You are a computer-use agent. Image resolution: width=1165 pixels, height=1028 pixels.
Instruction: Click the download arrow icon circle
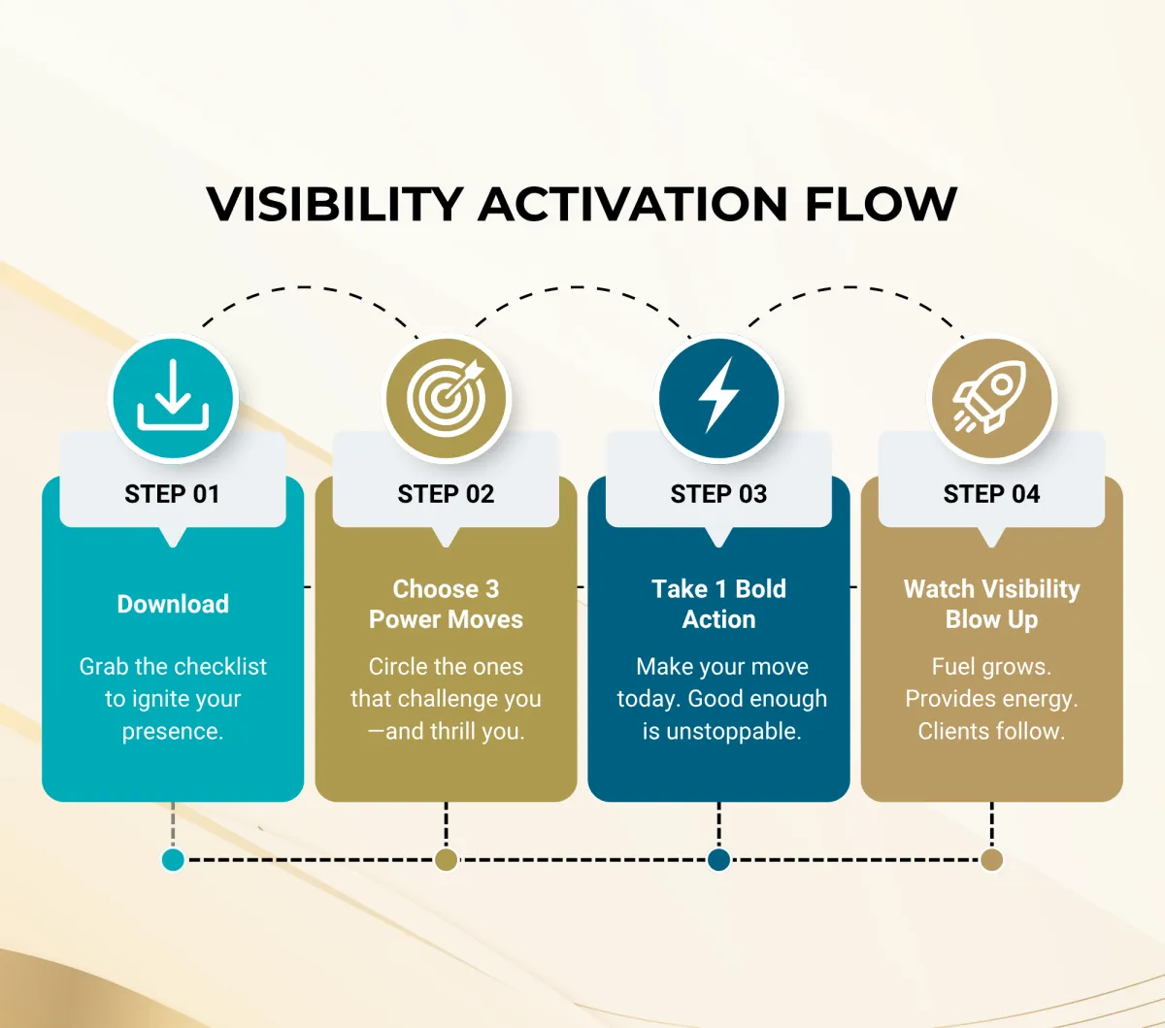(x=174, y=398)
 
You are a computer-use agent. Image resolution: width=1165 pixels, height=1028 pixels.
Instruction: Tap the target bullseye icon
(x=447, y=398)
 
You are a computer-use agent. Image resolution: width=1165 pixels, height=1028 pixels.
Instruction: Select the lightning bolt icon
(x=718, y=398)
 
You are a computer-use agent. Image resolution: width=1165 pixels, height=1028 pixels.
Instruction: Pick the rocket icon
(x=991, y=398)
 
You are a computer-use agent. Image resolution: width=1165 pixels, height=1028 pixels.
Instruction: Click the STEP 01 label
(x=173, y=494)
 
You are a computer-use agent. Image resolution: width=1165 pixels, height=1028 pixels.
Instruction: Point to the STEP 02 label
(x=446, y=494)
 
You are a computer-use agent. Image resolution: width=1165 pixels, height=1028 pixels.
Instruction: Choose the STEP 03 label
(x=718, y=494)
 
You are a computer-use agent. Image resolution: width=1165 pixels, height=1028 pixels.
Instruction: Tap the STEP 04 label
(x=991, y=494)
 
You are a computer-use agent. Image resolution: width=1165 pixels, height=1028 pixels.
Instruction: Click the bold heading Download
(x=173, y=604)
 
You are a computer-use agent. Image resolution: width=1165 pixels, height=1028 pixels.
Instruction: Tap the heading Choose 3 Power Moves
(x=446, y=604)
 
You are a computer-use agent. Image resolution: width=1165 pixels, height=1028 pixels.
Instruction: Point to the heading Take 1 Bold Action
(x=718, y=604)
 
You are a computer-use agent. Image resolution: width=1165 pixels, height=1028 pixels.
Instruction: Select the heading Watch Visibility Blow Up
(x=991, y=604)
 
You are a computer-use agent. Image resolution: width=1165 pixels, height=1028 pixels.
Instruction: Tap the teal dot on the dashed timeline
(x=173, y=860)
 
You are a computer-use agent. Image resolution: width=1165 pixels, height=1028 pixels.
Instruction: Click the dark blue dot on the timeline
(x=718, y=860)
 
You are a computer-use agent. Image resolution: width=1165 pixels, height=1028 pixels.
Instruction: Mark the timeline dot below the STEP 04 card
(x=991, y=860)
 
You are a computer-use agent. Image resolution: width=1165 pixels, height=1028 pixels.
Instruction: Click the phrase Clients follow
(x=991, y=731)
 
